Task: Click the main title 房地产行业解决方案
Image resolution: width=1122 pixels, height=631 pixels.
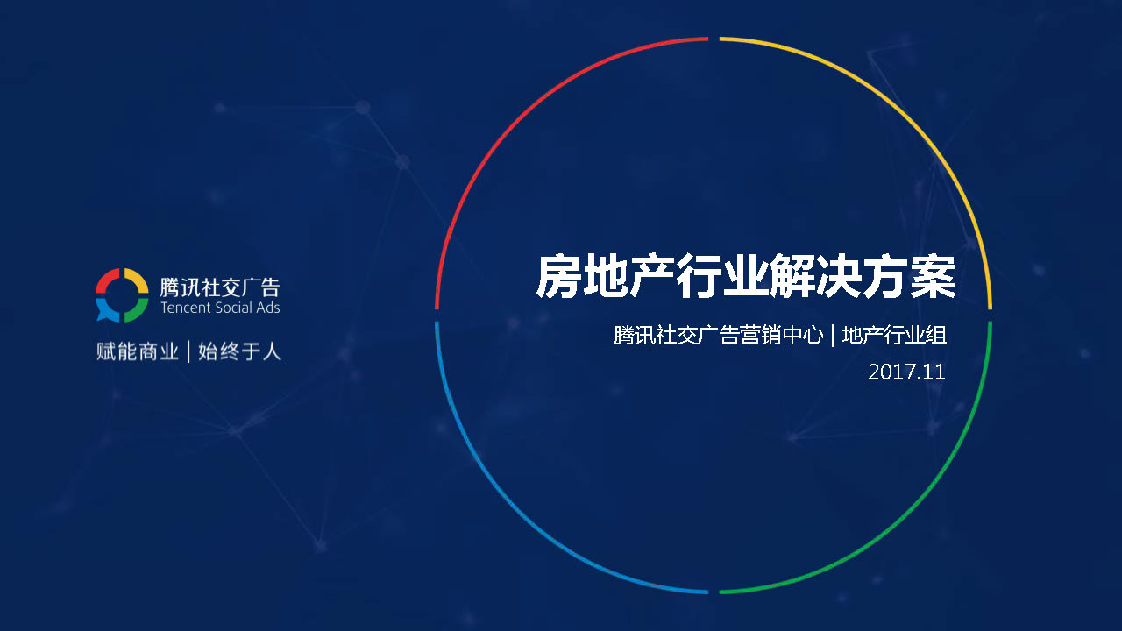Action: pyautogui.click(x=746, y=277)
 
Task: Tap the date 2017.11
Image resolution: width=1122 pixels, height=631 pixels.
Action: pyautogui.click(x=906, y=372)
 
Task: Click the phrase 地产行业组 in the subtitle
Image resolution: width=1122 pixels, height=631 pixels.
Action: pyautogui.click(x=894, y=335)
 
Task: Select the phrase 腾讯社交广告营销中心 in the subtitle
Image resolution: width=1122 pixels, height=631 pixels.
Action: pyautogui.click(x=718, y=335)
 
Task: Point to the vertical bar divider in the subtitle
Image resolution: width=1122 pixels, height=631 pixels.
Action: pyautogui.click(x=833, y=335)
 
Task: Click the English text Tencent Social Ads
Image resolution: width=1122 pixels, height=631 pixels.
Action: pyautogui.click(x=220, y=308)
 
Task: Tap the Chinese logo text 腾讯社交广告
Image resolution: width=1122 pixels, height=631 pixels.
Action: pyautogui.click(x=220, y=287)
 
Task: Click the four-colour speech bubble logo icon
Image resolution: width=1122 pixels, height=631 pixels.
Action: pyautogui.click(x=122, y=295)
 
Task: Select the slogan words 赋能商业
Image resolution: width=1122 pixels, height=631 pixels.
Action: pyautogui.click(x=138, y=351)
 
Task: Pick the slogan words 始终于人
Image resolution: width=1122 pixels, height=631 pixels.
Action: pyautogui.click(x=239, y=351)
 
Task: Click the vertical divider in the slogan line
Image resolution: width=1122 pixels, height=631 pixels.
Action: pyautogui.click(x=188, y=351)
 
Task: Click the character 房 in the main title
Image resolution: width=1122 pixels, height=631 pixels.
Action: pyautogui.click(x=558, y=277)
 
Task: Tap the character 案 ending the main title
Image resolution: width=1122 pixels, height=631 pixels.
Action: pyautogui.click(x=934, y=277)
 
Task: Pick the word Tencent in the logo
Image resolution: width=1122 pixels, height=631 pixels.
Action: pyautogui.click(x=181, y=308)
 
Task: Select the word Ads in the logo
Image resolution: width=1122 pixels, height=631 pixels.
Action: pyautogui.click(x=268, y=308)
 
